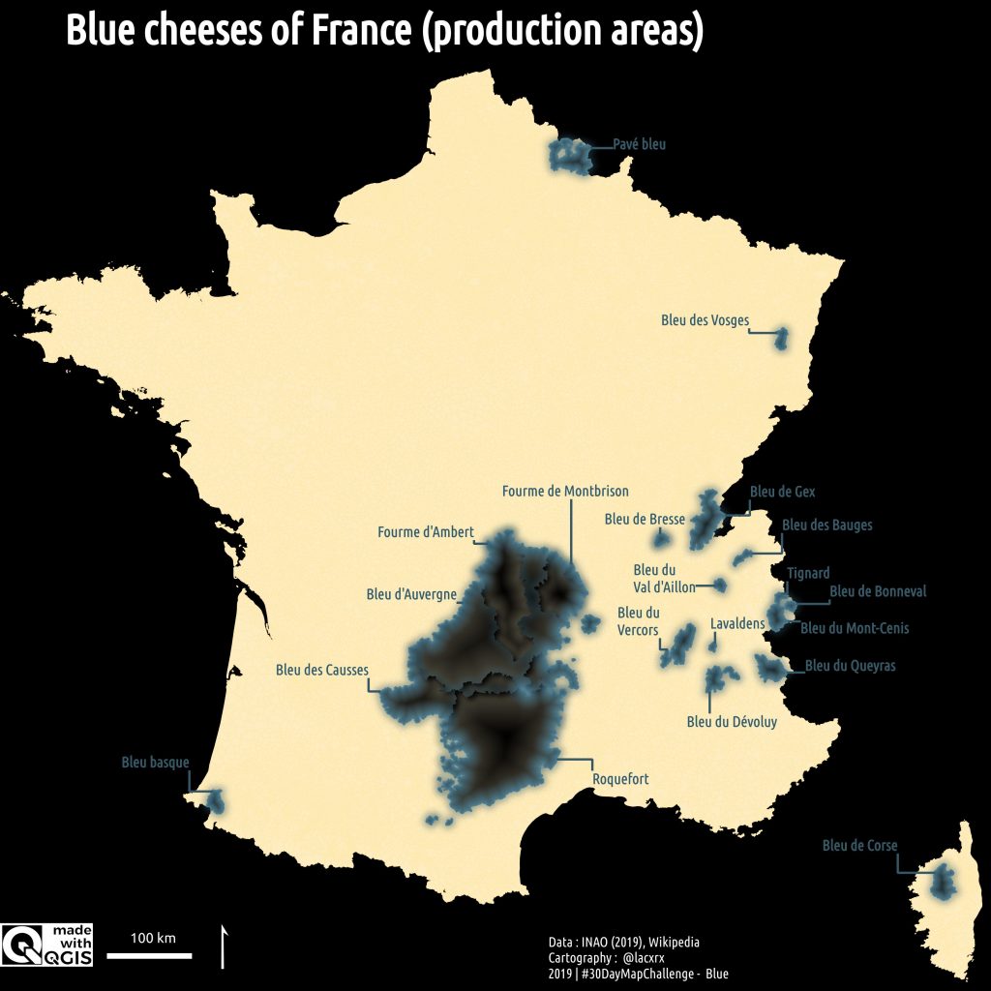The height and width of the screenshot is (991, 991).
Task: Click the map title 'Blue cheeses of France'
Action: click(383, 32)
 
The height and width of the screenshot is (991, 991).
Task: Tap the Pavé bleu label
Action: click(640, 145)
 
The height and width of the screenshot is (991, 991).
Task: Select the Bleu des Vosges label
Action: click(705, 320)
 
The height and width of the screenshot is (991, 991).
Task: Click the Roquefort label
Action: click(620, 779)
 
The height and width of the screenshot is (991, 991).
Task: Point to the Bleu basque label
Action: click(155, 763)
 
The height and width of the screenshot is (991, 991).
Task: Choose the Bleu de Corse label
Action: click(859, 846)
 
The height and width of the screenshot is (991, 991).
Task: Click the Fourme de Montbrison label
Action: click(565, 492)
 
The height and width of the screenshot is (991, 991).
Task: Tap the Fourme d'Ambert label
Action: click(425, 532)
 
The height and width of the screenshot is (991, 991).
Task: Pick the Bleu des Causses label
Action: click(321, 669)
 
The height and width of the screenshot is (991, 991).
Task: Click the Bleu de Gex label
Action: click(782, 492)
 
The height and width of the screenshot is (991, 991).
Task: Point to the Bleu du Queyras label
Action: click(850, 666)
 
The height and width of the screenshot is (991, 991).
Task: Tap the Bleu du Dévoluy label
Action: click(732, 721)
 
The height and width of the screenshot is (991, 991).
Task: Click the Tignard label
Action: click(808, 574)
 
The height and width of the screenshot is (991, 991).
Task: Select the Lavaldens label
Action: click(737, 624)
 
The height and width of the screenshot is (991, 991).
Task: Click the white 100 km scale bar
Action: click(149, 956)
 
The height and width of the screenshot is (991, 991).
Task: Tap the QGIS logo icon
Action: click(19, 946)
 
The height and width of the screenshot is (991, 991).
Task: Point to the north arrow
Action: click(225, 946)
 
